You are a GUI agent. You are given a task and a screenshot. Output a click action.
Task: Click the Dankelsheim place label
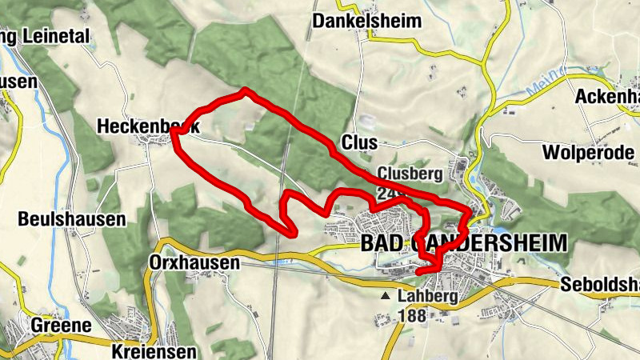[366, 21]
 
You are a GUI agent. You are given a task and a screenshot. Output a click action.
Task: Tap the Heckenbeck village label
[148, 126]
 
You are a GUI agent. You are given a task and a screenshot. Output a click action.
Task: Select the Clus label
[358, 142]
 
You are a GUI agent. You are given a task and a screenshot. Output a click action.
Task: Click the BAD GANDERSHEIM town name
[464, 243]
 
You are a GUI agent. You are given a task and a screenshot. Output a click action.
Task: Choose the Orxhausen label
[194, 262]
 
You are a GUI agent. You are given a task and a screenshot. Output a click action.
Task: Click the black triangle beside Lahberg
[387, 296]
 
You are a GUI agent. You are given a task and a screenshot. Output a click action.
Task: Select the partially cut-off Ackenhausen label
[607, 97]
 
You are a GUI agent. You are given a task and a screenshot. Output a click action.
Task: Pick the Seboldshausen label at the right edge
[600, 286]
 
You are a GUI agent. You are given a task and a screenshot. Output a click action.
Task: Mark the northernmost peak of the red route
[245, 91]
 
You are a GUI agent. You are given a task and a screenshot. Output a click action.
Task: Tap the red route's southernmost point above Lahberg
[422, 273]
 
